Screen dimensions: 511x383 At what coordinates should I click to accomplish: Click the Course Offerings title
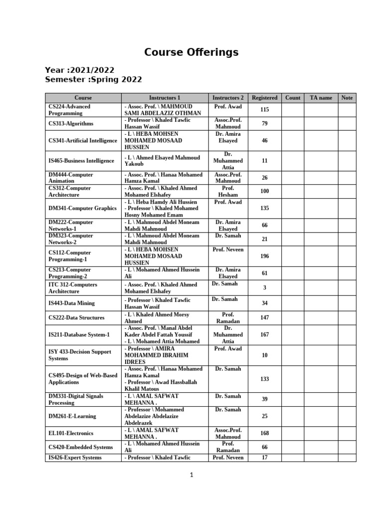coord(191,52)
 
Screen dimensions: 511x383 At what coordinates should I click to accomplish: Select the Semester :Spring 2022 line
coord(93,79)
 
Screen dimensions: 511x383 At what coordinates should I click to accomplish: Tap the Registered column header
coord(265,98)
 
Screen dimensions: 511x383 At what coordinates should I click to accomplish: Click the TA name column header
coord(321,98)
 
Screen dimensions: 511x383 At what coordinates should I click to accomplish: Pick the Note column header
coord(347,98)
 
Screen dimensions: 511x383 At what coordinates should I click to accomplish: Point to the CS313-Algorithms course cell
coord(71,124)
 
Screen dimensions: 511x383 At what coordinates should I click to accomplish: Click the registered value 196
coord(265,256)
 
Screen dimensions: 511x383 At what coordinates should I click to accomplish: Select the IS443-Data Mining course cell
coord(71,303)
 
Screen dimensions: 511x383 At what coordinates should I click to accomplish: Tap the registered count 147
coord(265,317)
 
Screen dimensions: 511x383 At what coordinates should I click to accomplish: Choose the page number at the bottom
coord(191,476)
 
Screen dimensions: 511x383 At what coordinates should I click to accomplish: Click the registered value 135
coord(265,208)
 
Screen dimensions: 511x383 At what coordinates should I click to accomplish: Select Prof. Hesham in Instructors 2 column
coord(228,191)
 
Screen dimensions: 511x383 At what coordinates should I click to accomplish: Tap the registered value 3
coord(265,288)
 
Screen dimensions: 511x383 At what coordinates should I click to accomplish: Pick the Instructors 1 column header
coord(165,98)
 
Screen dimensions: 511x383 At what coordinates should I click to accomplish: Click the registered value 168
coord(265,433)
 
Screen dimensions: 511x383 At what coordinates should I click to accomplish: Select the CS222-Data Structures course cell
coord(76,317)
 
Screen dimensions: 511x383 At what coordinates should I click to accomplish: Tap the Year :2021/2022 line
coord(80,70)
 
